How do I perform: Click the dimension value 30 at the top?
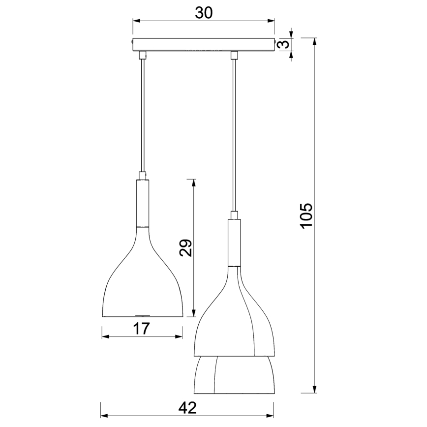click(203, 13)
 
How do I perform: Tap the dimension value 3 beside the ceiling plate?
click(282, 45)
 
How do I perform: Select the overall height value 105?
click(306, 215)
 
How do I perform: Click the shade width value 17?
click(142, 328)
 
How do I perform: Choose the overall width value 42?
click(187, 408)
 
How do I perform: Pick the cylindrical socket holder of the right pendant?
click(234, 242)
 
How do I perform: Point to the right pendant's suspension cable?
click(234, 133)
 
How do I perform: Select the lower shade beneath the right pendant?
click(234, 376)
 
